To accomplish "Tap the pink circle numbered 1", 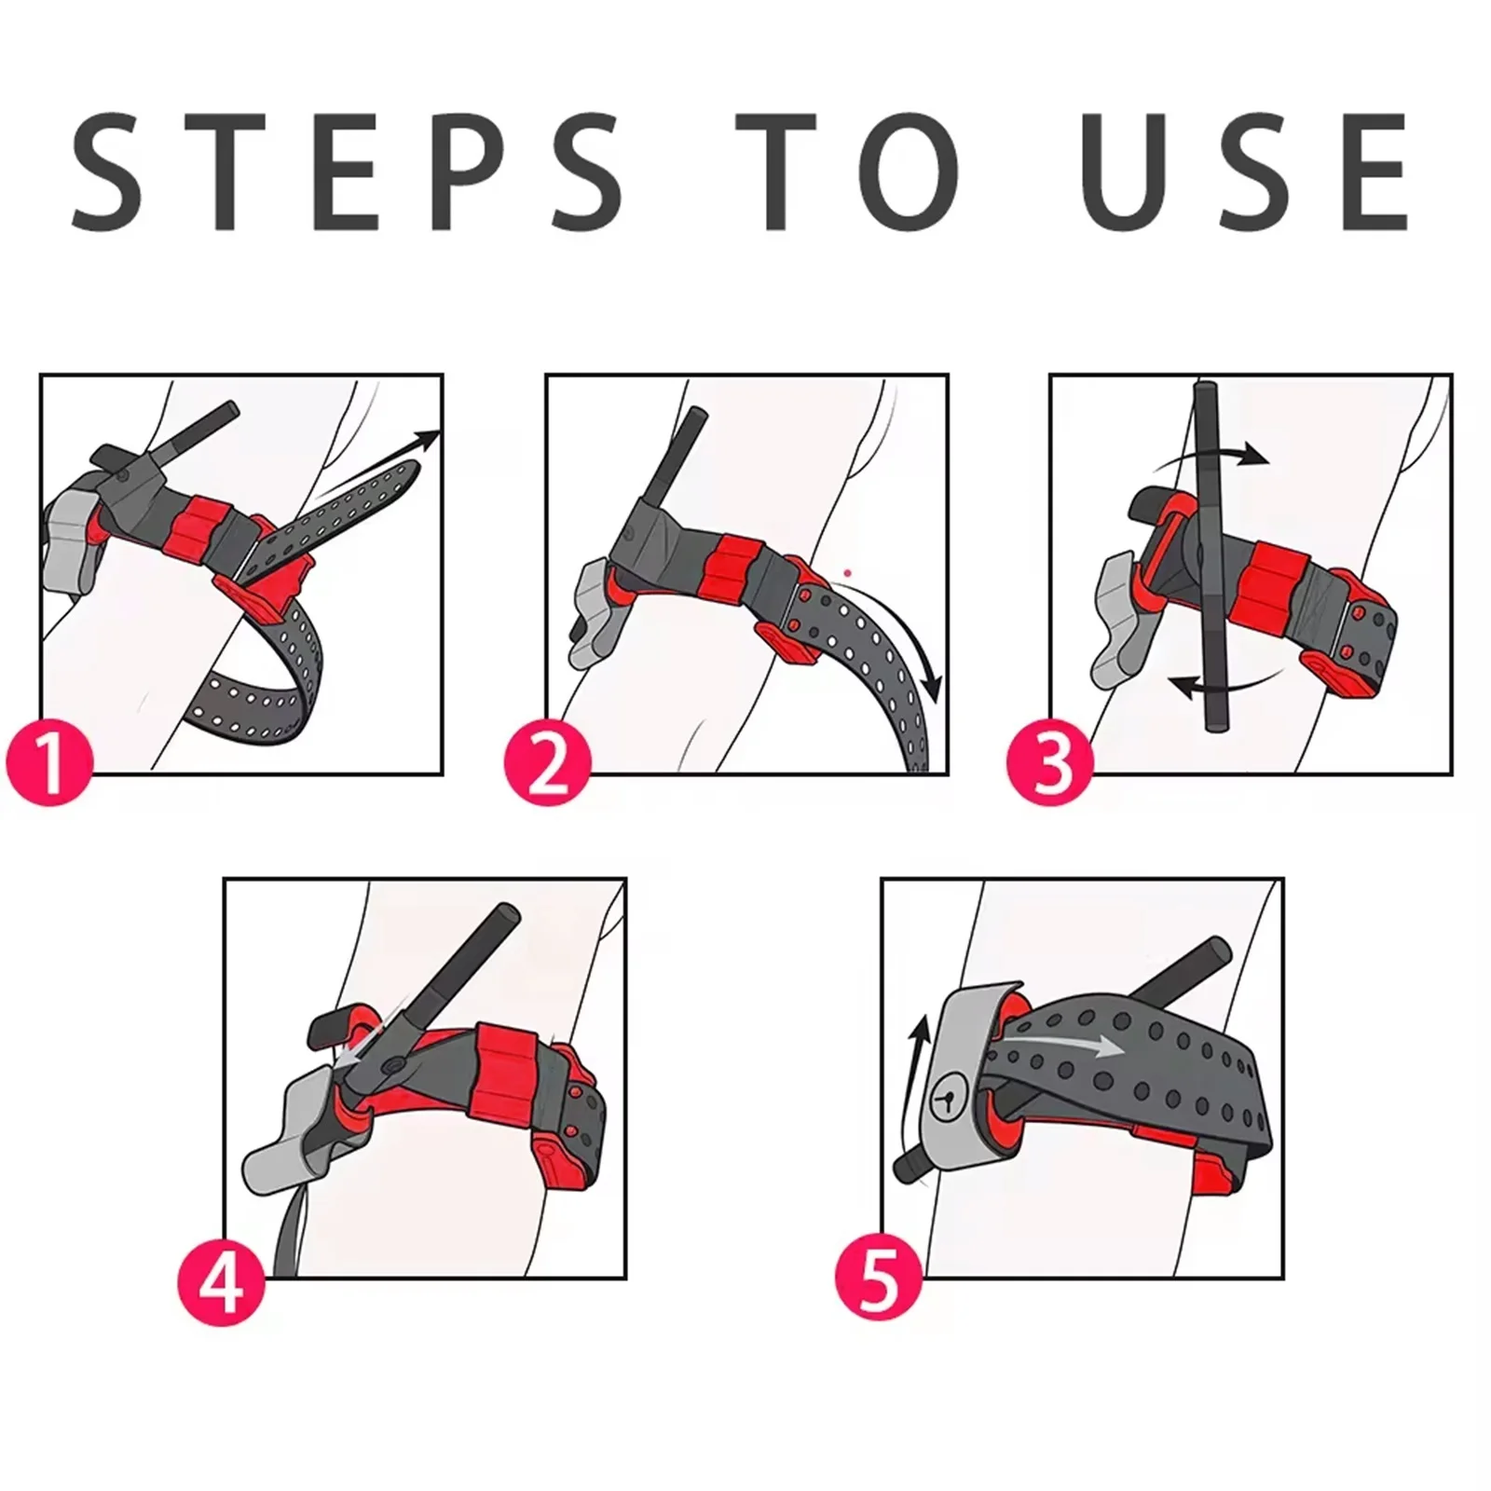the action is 50,761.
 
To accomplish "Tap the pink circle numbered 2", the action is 548,761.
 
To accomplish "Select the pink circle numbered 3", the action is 1051,761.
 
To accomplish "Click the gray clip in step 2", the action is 595,606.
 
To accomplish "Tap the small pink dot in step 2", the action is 846,572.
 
